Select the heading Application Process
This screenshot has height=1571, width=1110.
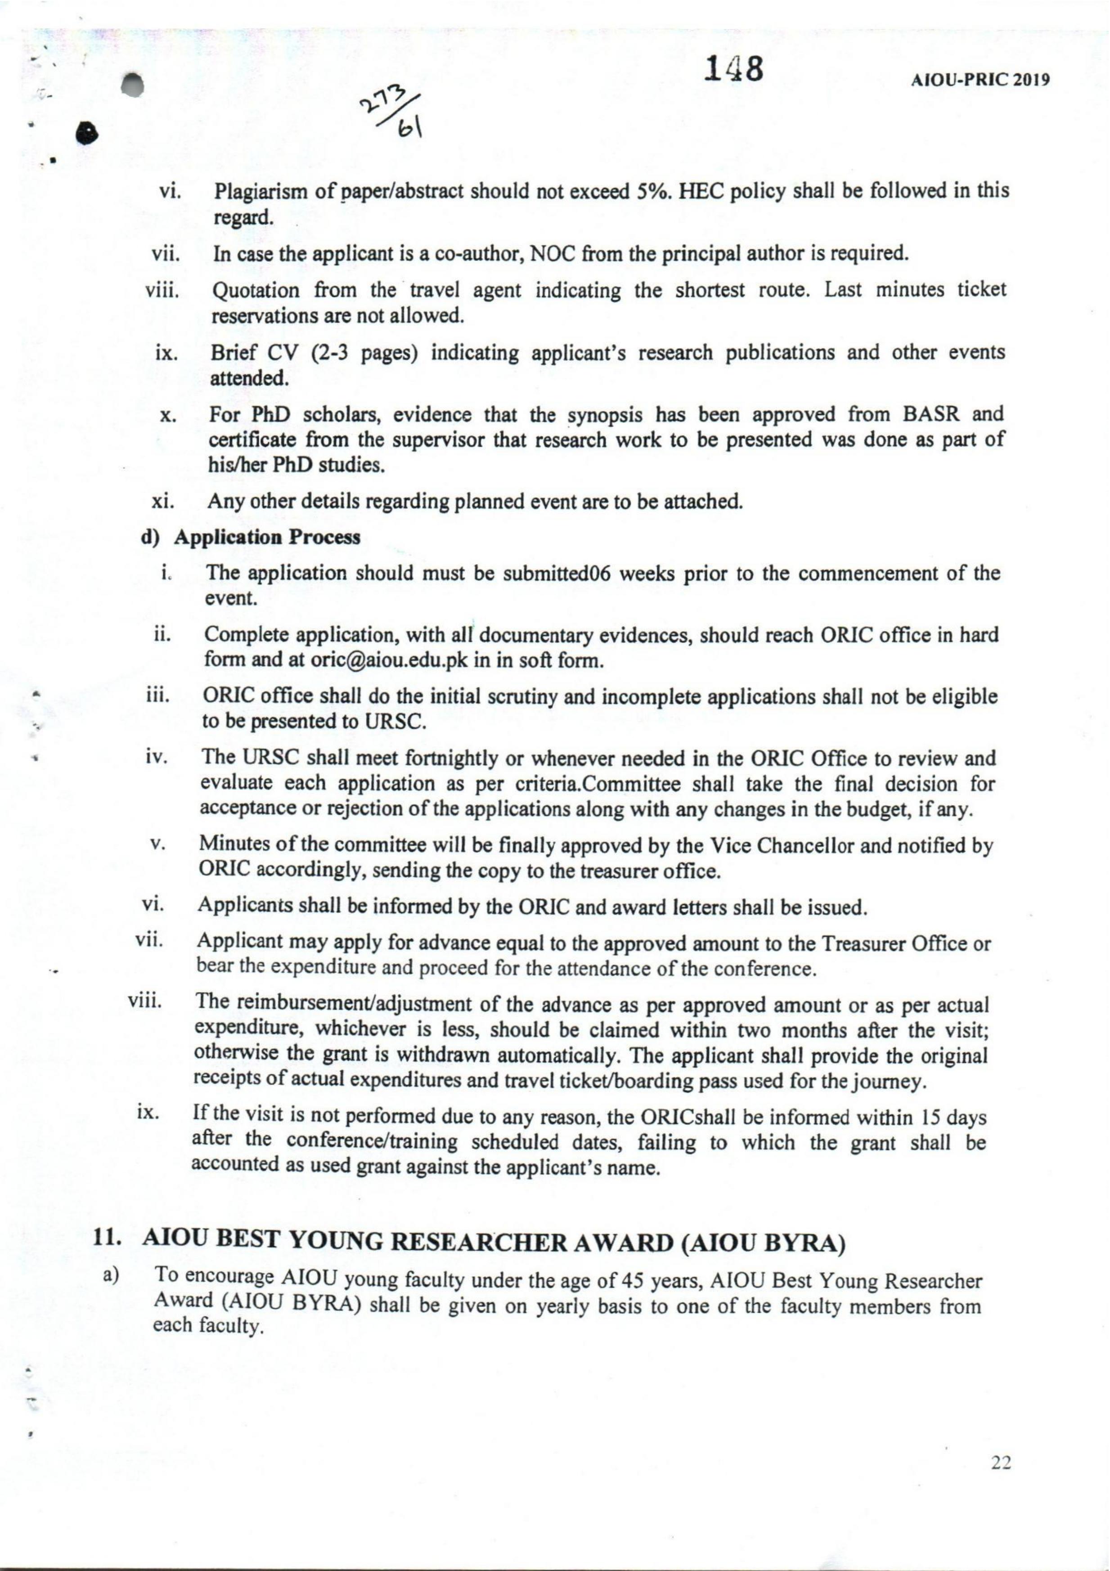[x=267, y=538]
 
